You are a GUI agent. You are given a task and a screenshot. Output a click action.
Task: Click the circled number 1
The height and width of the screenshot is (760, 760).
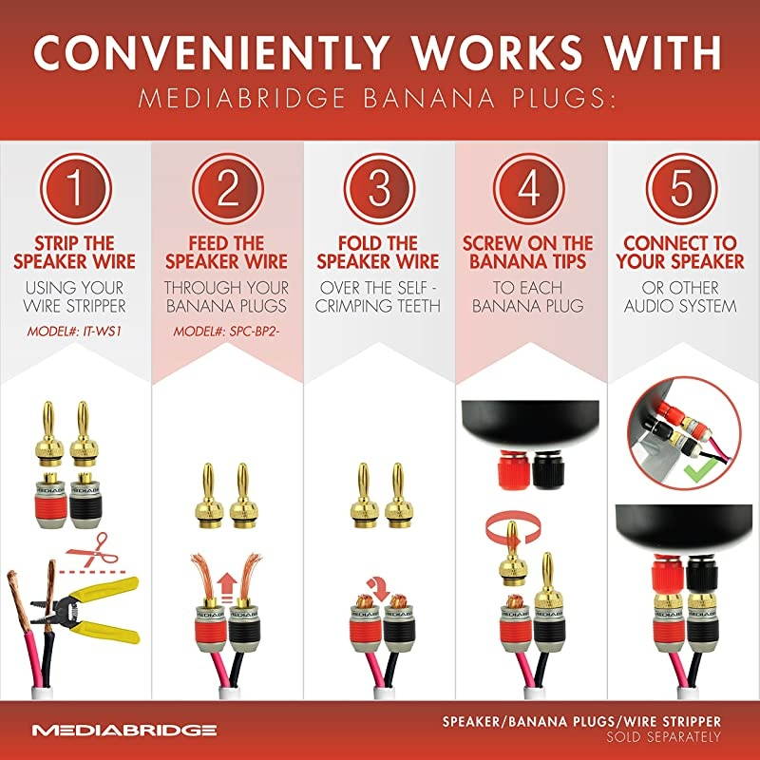point(76,188)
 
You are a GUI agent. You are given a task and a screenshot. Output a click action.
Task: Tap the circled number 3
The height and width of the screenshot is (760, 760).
point(379,188)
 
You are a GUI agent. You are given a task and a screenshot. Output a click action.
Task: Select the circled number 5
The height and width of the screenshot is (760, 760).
point(681,188)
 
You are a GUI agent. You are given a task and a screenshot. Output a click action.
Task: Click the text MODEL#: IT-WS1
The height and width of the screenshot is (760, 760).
point(74,332)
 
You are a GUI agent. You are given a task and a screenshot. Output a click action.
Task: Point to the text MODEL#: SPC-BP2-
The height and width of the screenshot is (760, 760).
point(227,332)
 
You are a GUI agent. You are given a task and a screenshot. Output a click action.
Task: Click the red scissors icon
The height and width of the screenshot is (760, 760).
point(92,550)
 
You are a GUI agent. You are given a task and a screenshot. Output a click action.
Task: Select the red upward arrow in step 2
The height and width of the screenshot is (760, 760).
point(226,587)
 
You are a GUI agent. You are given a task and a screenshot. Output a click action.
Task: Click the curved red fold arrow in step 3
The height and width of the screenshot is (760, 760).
point(378,587)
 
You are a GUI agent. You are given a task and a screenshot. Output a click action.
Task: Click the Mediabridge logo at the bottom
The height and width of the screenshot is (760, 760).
point(124,730)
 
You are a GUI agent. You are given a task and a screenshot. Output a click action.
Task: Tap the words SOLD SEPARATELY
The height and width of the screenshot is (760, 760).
point(663,737)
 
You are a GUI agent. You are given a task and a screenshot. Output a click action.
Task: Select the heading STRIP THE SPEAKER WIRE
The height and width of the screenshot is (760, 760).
point(74,252)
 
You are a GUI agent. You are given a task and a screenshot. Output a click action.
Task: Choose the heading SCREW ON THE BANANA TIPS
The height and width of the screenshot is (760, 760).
point(528,252)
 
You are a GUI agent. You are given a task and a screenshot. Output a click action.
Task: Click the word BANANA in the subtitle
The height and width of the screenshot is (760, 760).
point(429,98)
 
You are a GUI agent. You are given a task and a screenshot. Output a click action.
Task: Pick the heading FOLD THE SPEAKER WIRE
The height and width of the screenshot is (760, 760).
point(378,252)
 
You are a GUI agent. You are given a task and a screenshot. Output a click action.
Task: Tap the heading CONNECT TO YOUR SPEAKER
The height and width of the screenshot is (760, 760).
point(680,252)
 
